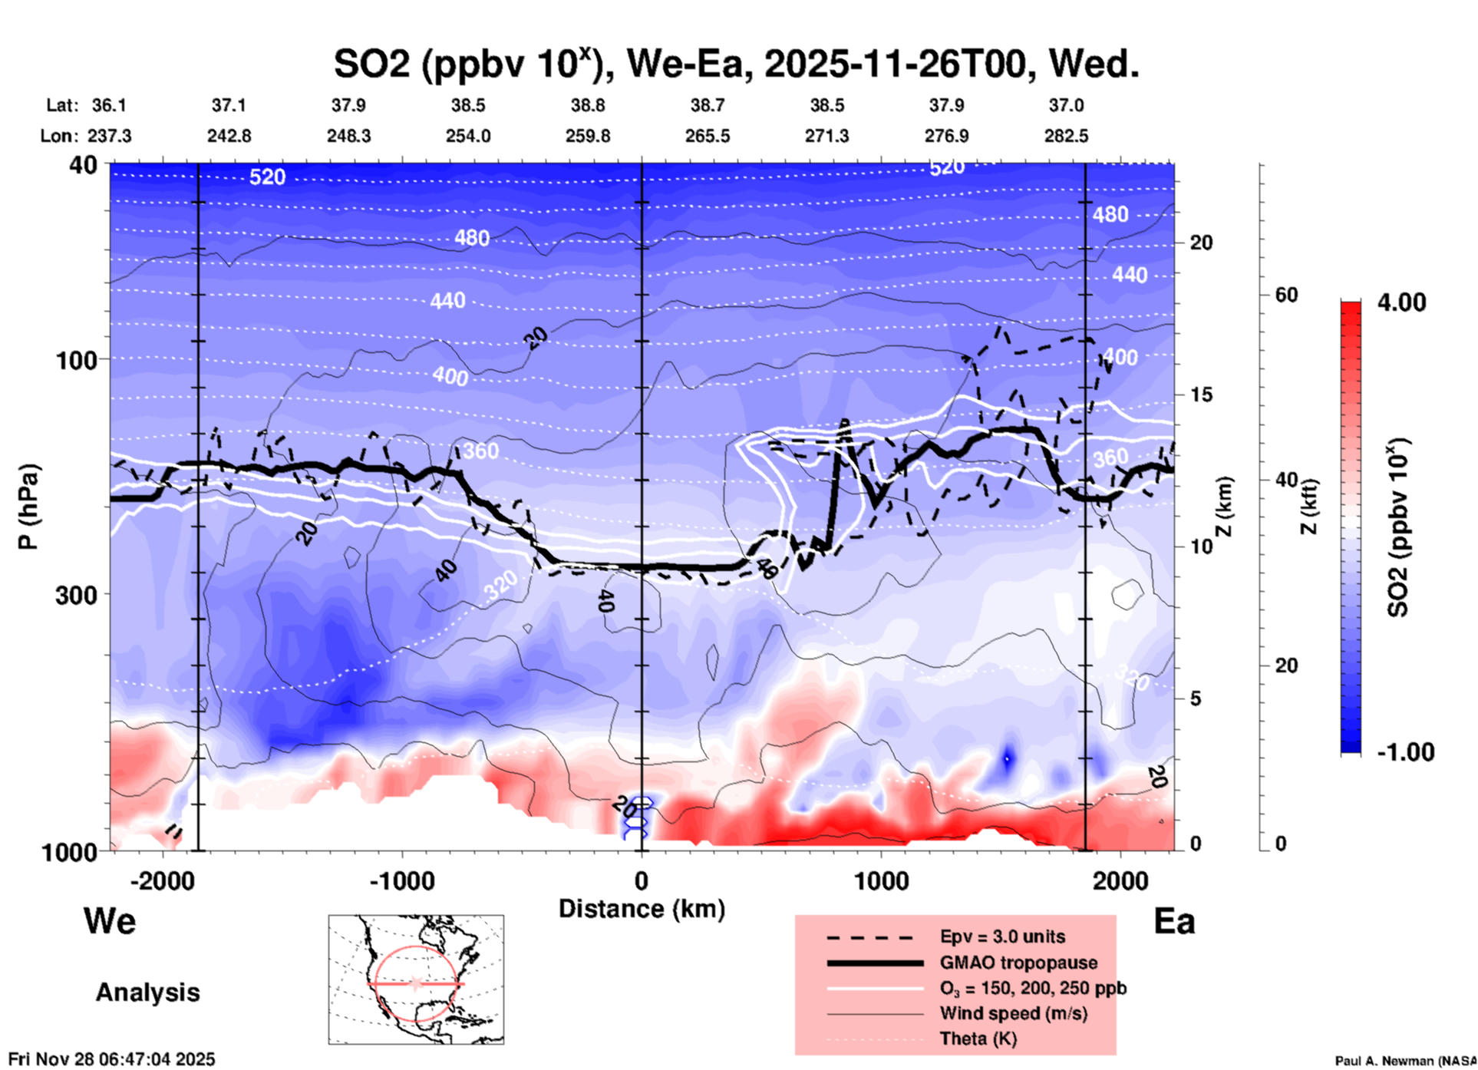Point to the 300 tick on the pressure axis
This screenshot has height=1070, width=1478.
tap(77, 594)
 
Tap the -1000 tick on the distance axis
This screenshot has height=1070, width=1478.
tap(402, 880)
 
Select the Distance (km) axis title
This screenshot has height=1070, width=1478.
tap(642, 909)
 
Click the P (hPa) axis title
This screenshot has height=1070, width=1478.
tap(28, 507)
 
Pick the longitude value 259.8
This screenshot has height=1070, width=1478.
tap(588, 136)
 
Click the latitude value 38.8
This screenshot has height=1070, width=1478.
tap(588, 105)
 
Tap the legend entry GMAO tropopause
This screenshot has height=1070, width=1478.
tap(1018, 963)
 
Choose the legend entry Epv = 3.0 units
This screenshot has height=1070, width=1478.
tap(1002, 936)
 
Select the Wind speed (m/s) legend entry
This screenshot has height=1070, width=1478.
tap(1013, 1013)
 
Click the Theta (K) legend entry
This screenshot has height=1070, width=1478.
tap(978, 1039)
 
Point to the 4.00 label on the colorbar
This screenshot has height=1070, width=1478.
tap(1401, 302)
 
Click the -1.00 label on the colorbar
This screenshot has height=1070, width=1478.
tap(1404, 751)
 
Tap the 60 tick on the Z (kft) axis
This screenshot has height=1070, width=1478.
tap(1286, 295)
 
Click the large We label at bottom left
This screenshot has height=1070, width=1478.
tap(110, 920)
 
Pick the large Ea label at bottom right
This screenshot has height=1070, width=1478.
tap(1174, 921)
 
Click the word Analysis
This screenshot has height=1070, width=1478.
tap(147, 992)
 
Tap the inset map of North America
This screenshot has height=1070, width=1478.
tap(416, 979)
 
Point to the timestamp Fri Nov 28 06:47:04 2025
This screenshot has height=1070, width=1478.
tap(112, 1059)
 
